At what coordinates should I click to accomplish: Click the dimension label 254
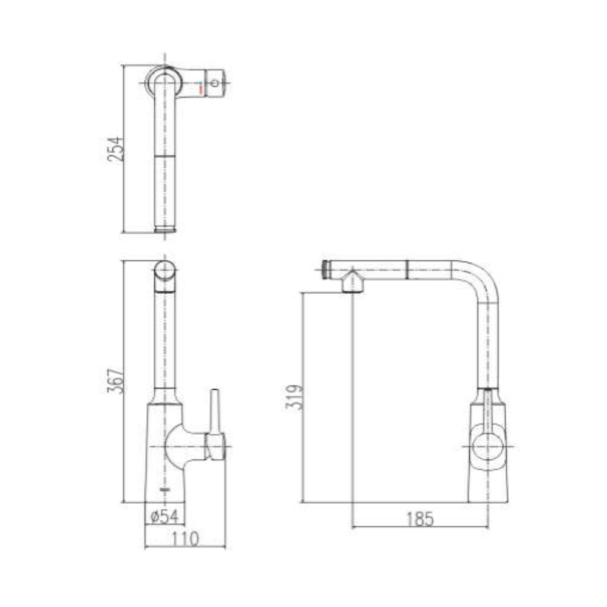pos(115,149)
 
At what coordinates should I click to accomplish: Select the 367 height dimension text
pos(115,381)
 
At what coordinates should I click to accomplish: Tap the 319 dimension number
pos(293,398)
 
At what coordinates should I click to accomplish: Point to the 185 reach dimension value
pos(420,520)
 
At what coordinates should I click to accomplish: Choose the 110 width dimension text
pos(185,538)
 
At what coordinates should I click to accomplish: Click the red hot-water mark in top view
pos(200,90)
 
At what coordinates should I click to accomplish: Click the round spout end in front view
pos(164,271)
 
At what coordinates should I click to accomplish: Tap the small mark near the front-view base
pos(163,488)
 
